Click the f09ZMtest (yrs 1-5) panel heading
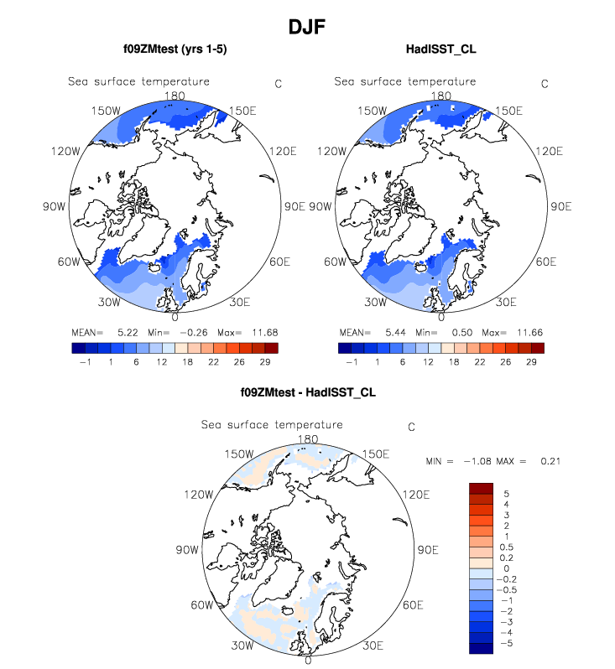click(x=175, y=49)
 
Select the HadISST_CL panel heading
click(x=440, y=49)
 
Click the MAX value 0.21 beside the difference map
click(x=550, y=462)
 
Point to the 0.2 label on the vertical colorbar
click(x=507, y=557)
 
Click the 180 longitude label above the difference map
click(x=307, y=439)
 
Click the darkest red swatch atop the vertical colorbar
click(x=481, y=490)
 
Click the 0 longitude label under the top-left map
click(x=174, y=317)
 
